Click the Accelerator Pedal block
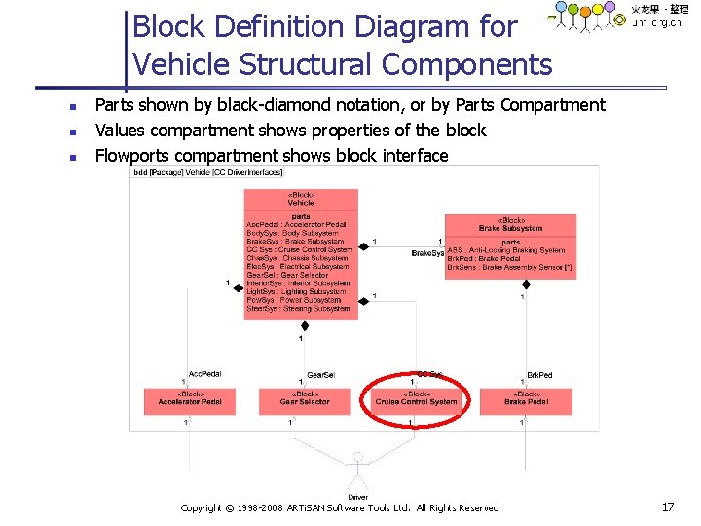190,398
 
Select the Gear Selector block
305,398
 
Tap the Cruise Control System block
416,398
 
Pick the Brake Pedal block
527,398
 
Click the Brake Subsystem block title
510,225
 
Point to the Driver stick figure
358,471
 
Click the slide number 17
667,507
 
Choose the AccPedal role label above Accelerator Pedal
204,373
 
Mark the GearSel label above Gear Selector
320,375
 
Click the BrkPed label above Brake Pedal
539,375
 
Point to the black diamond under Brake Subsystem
527,285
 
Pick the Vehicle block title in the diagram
301,199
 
